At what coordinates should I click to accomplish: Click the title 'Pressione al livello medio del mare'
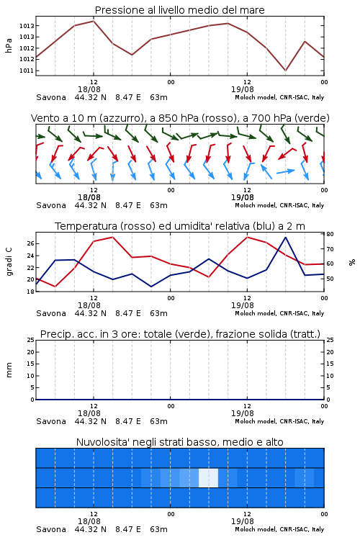point(179,10)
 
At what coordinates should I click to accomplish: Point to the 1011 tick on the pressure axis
point(26,71)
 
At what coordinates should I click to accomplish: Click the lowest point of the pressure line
point(285,71)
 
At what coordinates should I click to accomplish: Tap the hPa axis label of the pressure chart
point(9,45)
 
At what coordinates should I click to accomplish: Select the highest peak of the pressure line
point(94,21)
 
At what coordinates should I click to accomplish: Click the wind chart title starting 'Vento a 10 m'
point(180,118)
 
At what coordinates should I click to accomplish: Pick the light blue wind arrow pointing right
point(286,171)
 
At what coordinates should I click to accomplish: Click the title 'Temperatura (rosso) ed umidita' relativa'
point(180,226)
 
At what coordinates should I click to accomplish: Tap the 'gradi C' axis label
point(9,262)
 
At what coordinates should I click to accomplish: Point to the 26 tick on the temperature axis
point(30,243)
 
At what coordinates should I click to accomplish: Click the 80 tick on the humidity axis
point(330,234)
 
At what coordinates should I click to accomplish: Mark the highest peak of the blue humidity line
point(285,238)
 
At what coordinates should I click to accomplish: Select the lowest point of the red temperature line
point(55,286)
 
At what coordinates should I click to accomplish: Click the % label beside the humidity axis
point(352,262)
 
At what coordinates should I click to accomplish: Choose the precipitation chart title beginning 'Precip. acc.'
point(180,334)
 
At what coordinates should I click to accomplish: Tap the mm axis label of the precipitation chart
point(9,370)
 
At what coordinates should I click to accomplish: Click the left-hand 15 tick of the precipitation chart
point(31,364)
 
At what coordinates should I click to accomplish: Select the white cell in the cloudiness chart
point(208,477)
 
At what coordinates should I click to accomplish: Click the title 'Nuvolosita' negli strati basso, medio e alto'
point(179,442)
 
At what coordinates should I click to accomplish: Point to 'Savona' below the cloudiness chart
point(51,529)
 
